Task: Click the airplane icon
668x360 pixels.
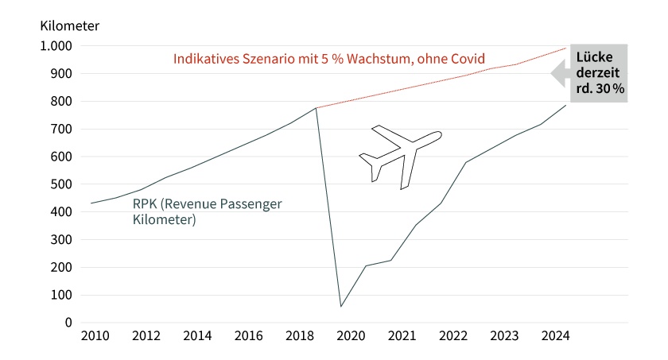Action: pos(400,156)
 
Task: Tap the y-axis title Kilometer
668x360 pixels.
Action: pos(69,25)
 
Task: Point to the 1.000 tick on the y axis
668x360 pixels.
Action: pos(56,46)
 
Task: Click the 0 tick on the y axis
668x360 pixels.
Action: pos(68,323)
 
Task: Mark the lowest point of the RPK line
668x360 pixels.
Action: pos(341,306)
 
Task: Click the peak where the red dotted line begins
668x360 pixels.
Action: pos(317,108)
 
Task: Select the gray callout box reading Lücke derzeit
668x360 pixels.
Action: pos(596,72)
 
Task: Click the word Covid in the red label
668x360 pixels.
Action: pos(468,59)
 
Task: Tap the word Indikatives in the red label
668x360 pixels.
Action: pos(205,59)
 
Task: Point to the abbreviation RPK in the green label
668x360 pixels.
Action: pos(145,204)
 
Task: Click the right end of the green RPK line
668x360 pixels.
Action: pos(566,105)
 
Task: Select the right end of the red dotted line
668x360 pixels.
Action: pos(566,48)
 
